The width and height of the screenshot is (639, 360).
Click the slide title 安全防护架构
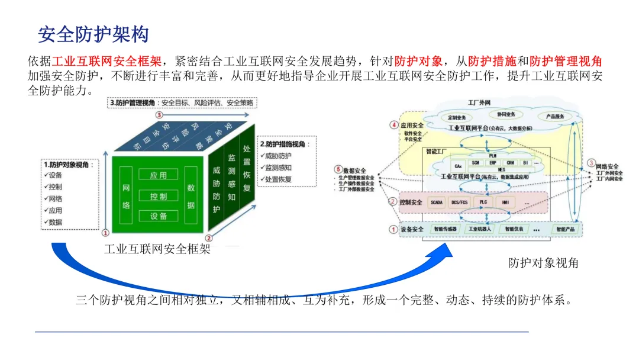[93, 34]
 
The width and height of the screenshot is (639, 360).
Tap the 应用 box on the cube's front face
[158, 175]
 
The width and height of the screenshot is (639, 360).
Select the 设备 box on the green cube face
[158, 216]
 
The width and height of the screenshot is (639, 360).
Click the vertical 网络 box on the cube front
[126, 196]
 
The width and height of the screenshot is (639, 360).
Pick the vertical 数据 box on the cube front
[191, 196]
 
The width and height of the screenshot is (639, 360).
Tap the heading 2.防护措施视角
[283, 144]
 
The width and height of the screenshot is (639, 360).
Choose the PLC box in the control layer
[483, 202]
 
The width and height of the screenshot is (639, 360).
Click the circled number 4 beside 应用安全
[394, 125]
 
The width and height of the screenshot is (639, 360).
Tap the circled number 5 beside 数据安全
[338, 169]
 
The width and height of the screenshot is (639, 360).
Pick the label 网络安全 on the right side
[607, 166]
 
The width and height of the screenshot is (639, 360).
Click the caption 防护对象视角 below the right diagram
[543, 263]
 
